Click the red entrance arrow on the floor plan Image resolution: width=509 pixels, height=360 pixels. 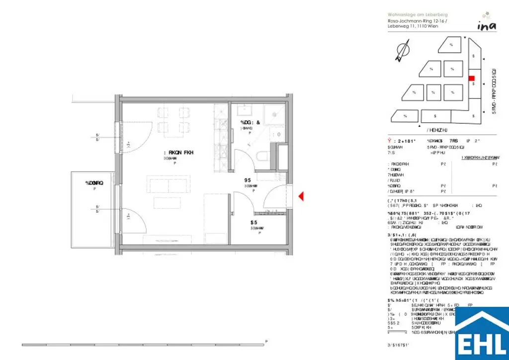301,197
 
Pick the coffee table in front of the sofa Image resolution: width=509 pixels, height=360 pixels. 167,203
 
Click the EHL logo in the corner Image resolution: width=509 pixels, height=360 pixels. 481,334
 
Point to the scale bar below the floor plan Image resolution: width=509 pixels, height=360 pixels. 144,345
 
